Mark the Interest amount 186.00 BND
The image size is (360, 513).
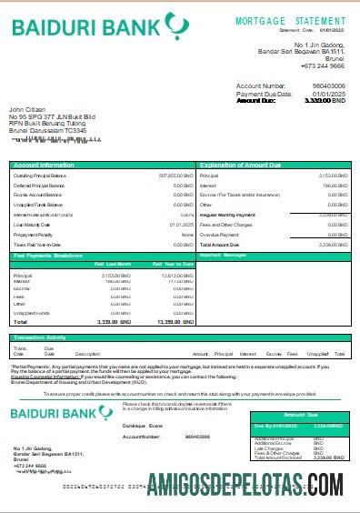point(336,185)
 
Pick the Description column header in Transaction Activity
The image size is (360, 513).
point(87,353)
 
